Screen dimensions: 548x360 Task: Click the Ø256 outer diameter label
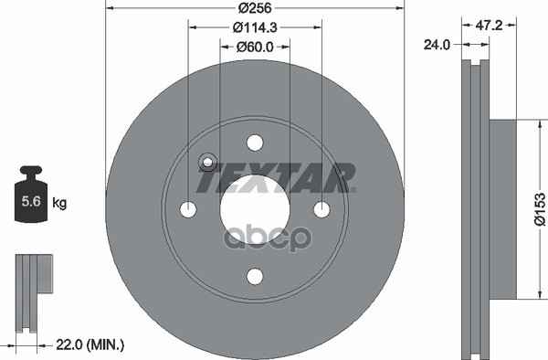pos(255,7)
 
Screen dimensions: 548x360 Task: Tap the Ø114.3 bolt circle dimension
pos(255,27)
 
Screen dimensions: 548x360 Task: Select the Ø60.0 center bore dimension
pos(255,47)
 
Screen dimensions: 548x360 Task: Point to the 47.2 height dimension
pos(489,26)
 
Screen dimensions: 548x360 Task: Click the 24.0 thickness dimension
pos(437,45)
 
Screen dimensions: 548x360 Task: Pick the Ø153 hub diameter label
pos(540,209)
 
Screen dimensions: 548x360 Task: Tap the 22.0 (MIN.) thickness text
pos(90,345)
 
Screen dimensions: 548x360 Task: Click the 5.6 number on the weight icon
pos(31,201)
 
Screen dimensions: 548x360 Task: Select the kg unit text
pos(59,202)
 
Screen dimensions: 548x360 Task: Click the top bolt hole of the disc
pos(255,143)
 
